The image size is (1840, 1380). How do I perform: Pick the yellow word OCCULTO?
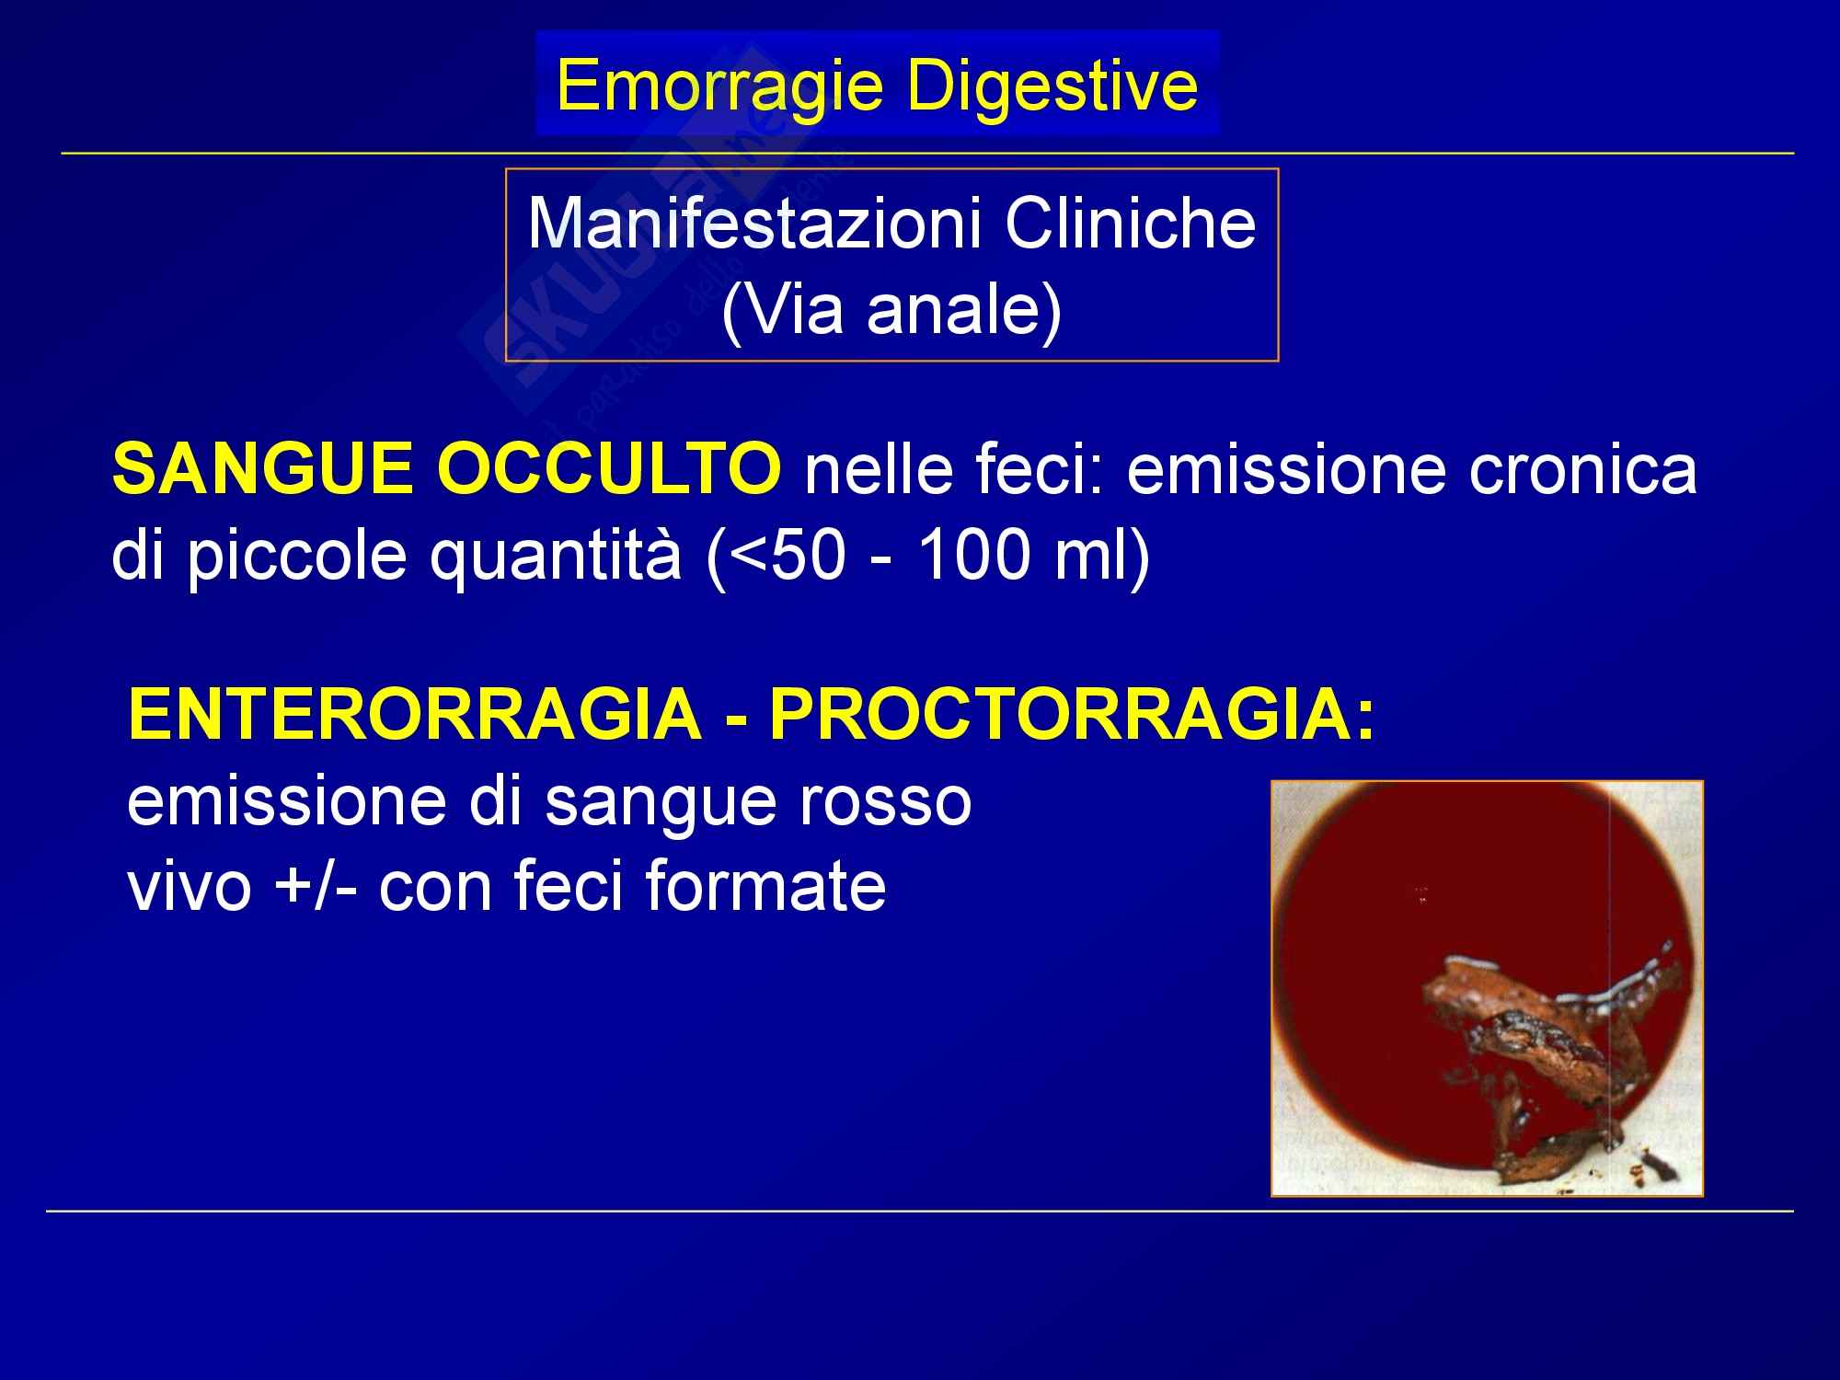608,469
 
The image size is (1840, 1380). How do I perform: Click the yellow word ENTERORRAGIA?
415,715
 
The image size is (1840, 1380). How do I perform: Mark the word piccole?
296,558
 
